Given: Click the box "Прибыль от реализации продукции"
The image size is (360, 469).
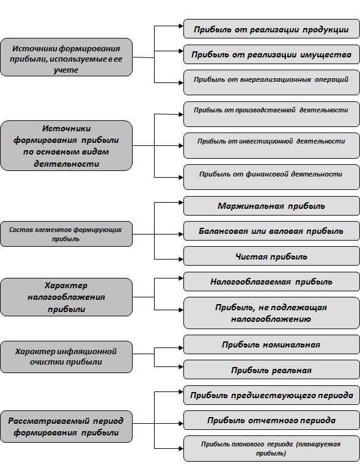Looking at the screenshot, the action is (x=271, y=29).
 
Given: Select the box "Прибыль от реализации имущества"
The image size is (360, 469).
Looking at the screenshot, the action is (x=271, y=54).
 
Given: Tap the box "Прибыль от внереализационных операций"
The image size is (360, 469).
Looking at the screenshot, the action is (x=271, y=82).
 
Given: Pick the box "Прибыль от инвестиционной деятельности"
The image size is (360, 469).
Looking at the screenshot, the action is (x=271, y=146).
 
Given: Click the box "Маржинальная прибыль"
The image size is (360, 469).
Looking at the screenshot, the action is (x=271, y=206).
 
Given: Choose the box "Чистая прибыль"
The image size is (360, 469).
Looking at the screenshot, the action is (x=271, y=256).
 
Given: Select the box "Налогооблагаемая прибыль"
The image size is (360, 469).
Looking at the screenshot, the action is (x=271, y=282).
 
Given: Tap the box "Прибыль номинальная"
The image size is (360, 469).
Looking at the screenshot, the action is (x=271, y=344).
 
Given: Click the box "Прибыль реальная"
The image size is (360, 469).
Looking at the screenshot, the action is (x=271, y=369).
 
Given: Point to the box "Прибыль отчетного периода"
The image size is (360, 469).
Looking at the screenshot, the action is (x=271, y=420).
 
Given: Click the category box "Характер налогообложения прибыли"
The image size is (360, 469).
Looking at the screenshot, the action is (x=66, y=297).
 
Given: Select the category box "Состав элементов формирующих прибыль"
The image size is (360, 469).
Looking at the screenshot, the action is (x=66, y=234).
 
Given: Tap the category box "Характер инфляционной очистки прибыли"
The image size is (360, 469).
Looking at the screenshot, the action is (x=66, y=357).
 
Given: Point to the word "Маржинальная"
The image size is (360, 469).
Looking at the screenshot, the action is (x=251, y=206).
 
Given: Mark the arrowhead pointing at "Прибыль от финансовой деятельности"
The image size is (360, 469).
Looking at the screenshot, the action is (x=181, y=177).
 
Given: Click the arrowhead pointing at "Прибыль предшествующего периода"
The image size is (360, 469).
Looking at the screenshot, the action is (x=181, y=392).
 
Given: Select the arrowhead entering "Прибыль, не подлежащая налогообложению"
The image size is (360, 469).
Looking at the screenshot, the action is (x=181, y=310).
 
